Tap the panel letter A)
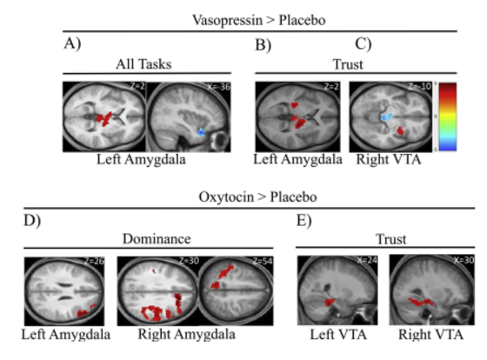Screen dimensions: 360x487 (x=74, y=41)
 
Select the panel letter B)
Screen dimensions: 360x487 (x=261, y=41)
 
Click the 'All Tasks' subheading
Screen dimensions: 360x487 (x=145, y=63)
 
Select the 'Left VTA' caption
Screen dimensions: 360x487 (x=335, y=332)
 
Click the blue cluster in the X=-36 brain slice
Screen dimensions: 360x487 (x=201, y=132)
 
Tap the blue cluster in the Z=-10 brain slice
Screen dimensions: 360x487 (x=390, y=116)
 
